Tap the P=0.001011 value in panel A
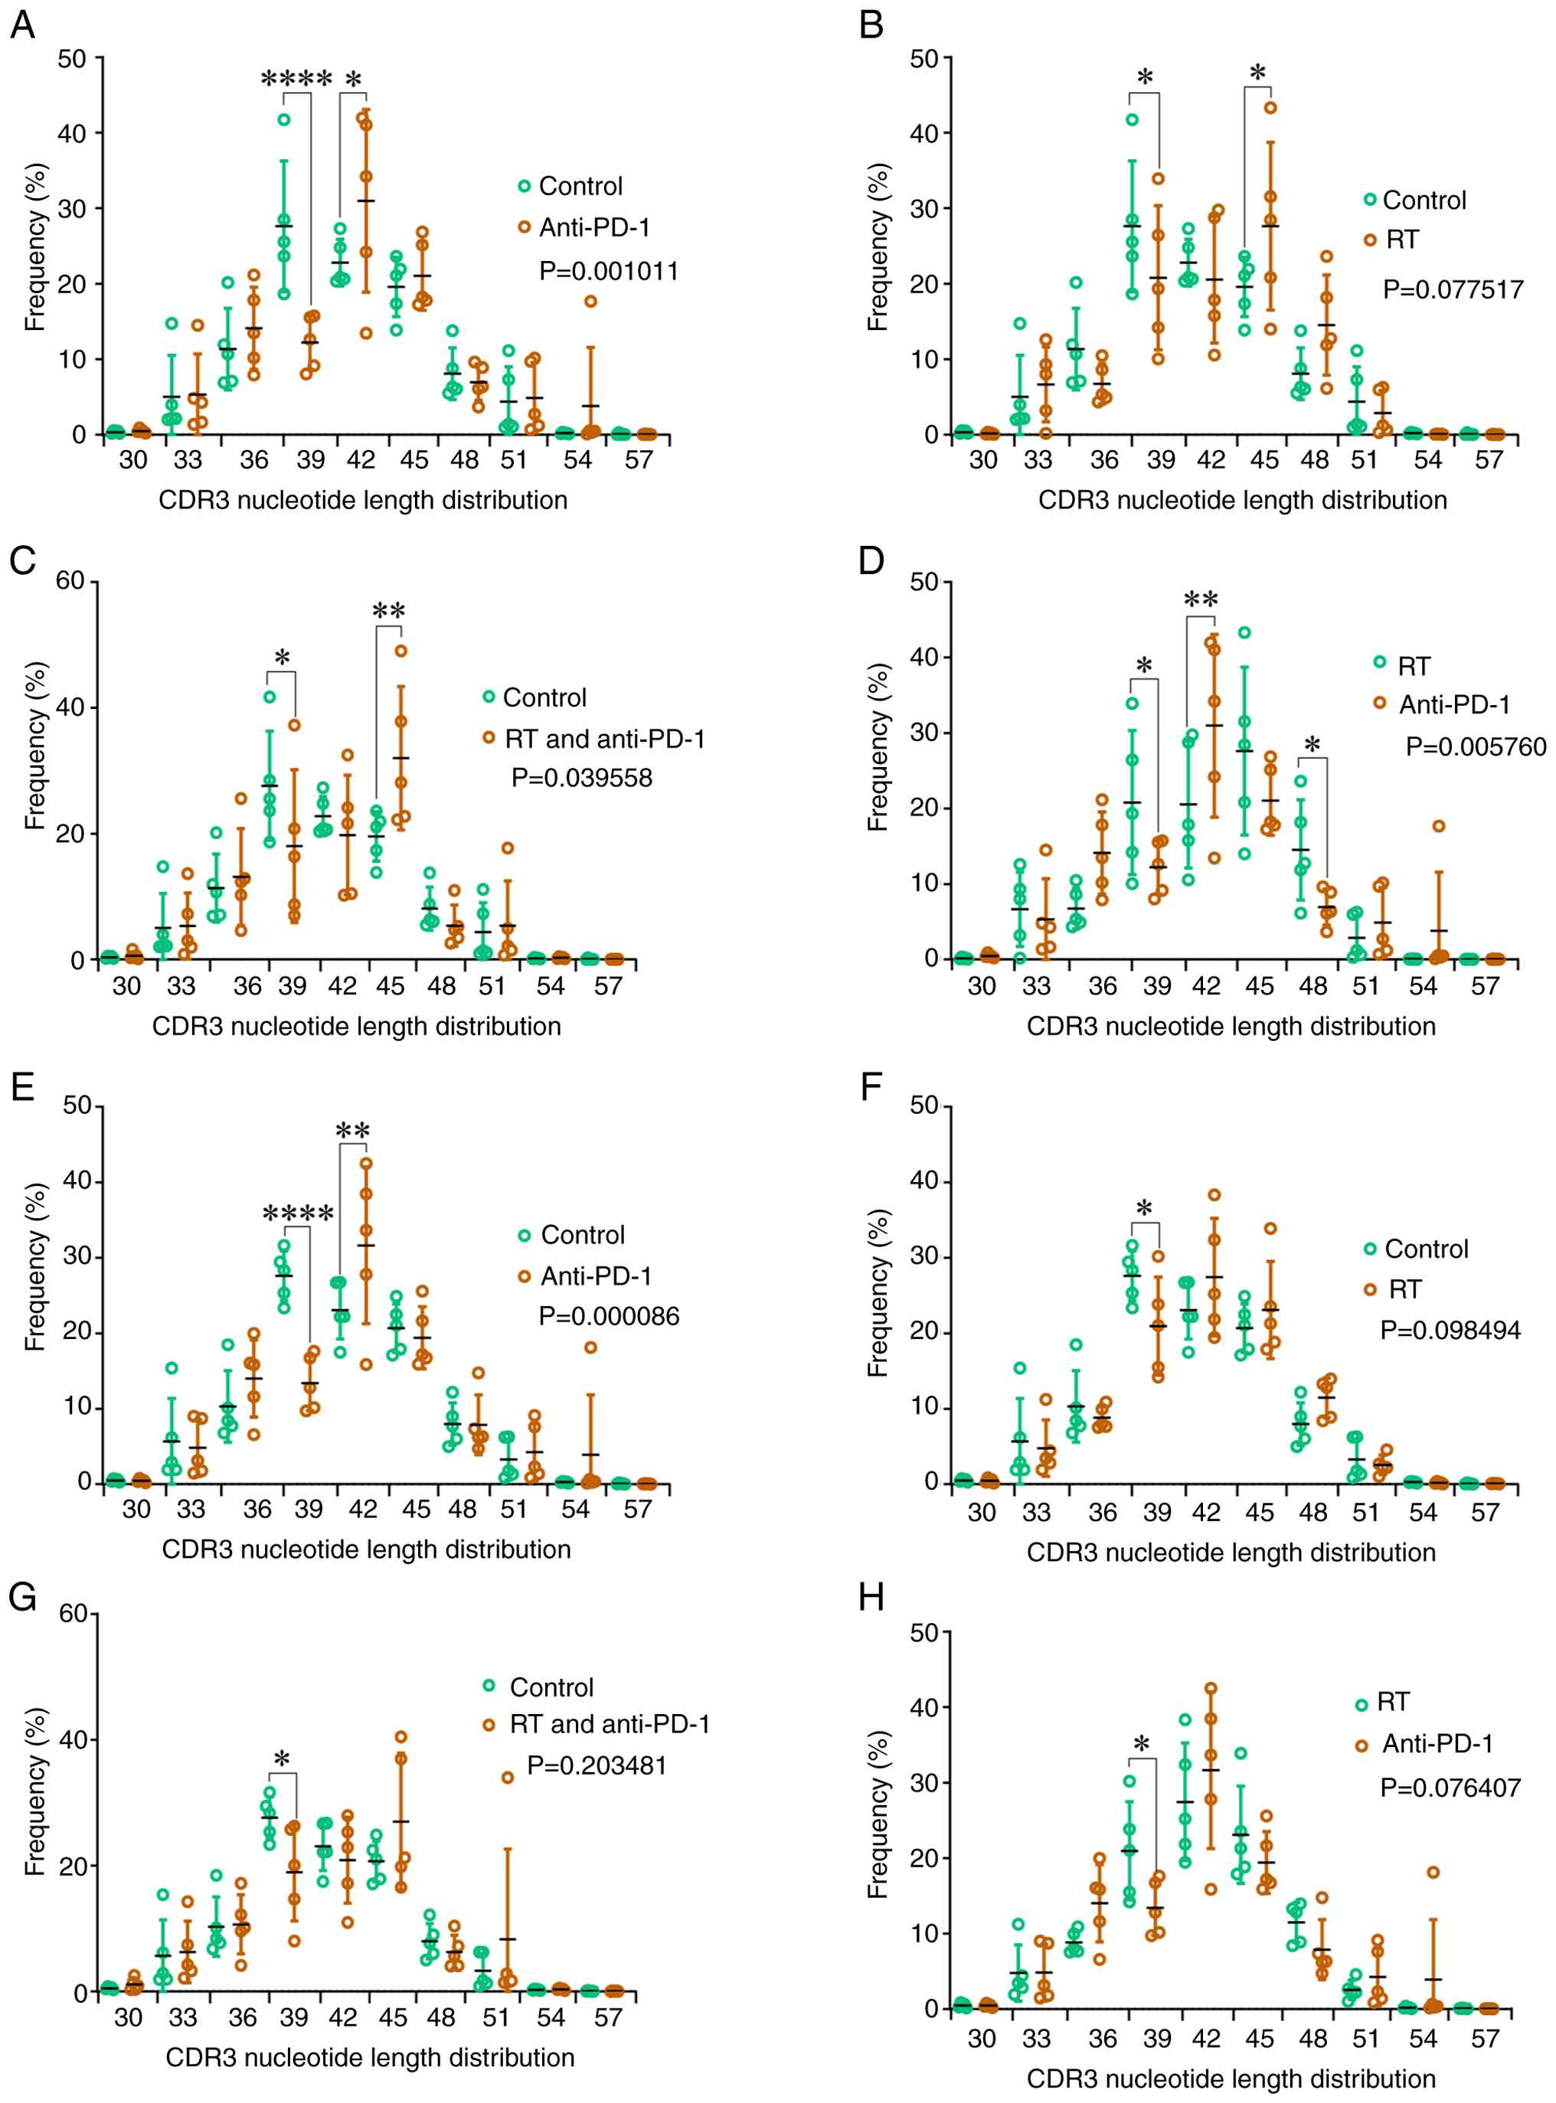[609, 271]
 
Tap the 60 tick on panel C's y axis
[70, 580]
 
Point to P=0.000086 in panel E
[609, 1316]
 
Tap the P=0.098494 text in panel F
[1450, 1330]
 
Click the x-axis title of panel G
[370, 2058]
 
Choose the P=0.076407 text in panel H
[1450, 1788]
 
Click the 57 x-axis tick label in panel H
[1485, 2039]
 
